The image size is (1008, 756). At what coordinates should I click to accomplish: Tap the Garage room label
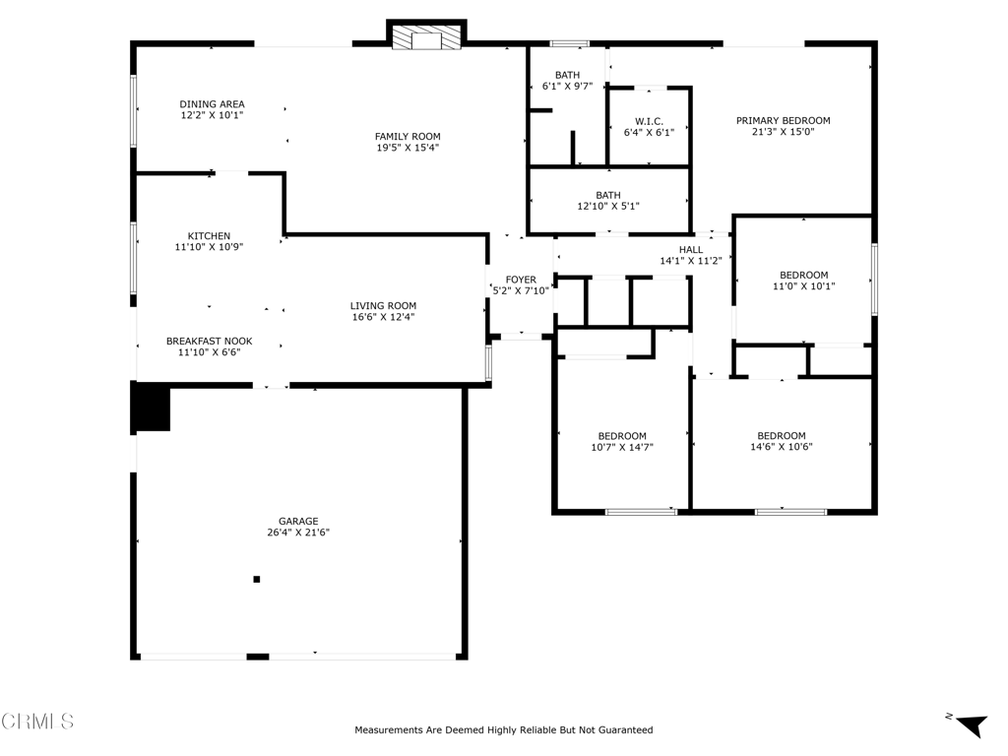298,522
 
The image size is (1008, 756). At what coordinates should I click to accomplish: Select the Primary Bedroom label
783,121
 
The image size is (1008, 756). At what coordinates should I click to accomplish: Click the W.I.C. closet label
650,121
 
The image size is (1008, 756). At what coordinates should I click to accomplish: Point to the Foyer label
521,280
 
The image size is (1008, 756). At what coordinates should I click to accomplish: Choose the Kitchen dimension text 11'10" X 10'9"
209,247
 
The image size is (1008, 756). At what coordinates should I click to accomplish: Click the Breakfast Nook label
209,342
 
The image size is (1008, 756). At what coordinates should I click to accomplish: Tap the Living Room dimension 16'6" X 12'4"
383,317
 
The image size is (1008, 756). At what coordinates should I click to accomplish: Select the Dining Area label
212,104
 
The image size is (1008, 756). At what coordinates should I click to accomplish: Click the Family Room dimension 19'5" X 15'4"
408,148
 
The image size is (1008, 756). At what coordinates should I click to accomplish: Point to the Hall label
691,250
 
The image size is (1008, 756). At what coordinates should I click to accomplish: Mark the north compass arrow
971,724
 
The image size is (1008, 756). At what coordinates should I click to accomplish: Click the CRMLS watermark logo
37,722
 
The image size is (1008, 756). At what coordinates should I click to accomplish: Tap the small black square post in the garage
257,579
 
